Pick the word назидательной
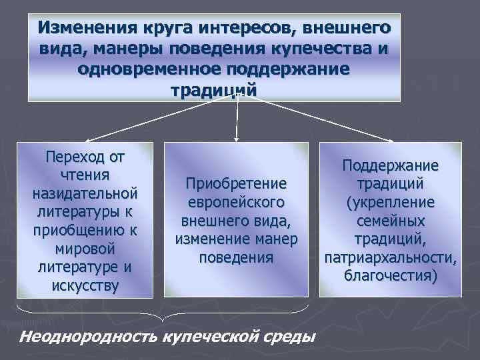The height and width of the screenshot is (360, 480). pos(85,193)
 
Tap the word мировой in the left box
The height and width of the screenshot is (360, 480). pos(85,249)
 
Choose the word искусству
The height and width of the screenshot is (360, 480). pos(85,285)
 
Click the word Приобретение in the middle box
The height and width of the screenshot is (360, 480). pos(236,183)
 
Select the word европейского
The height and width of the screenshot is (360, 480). pos(236,201)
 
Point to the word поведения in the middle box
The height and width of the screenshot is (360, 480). pos(236,257)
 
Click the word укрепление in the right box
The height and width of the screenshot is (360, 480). pos(390,201)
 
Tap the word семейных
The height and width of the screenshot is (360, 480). pos(390,220)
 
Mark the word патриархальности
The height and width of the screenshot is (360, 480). pos(390,257)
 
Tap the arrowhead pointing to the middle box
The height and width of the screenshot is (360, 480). pos(237,139)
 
